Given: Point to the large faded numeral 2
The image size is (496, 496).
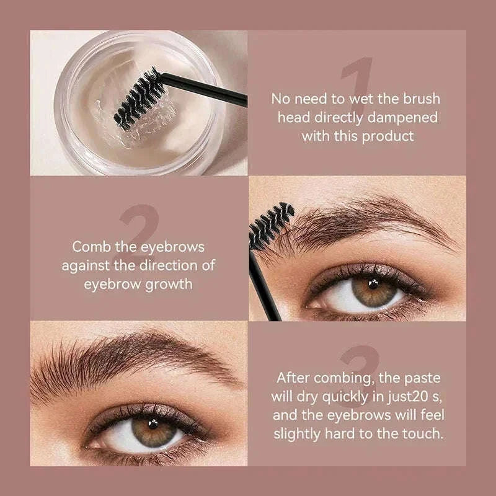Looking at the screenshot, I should point(139,236).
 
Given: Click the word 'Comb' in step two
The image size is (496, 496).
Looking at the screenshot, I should point(91,246).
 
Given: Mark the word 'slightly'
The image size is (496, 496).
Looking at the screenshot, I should point(301,433).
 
